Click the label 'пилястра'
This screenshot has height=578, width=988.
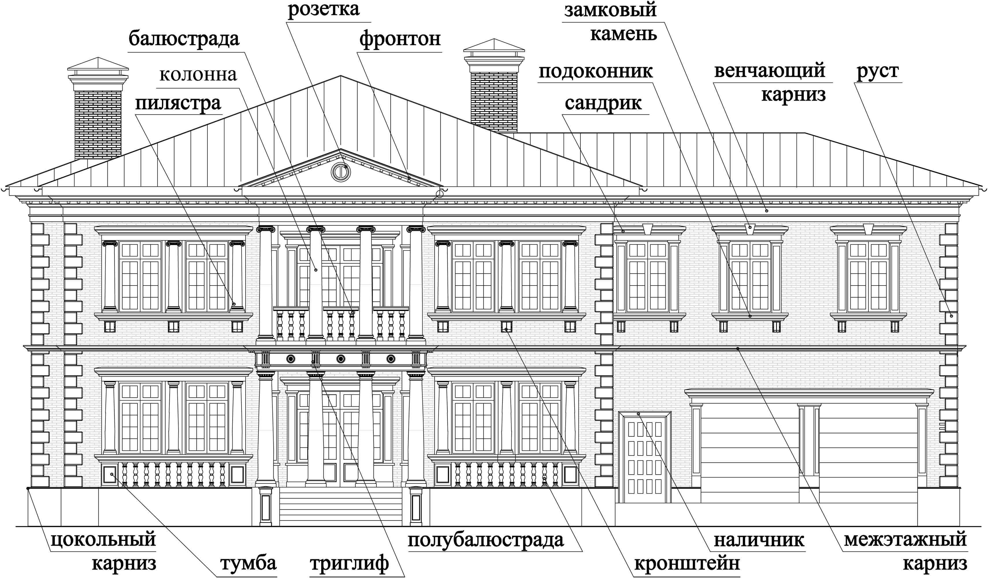click(179, 103)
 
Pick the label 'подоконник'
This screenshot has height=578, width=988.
click(596, 72)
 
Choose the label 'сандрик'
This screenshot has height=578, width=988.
click(603, 103)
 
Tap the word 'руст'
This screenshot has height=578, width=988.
click(877, 72)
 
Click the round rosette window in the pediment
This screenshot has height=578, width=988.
click(340, 171)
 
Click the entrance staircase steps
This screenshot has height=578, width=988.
click(341, 506)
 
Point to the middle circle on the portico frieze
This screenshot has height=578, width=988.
click(341, 358)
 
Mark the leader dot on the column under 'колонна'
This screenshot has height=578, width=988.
click(315, 270)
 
